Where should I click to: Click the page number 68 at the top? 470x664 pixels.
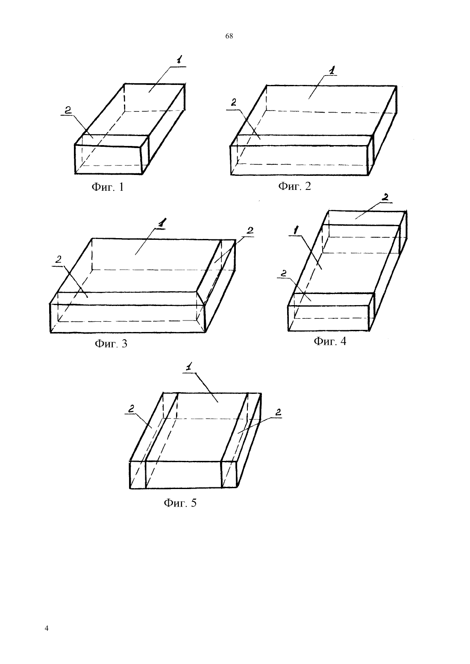(x=229, y=36)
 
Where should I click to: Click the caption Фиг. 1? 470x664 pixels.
(x=108, y=187)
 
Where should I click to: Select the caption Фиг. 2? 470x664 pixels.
(x=295, y=186)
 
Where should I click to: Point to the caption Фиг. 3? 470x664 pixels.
(x=111, y=343)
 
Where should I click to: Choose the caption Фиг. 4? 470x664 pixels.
(x=330, y=341)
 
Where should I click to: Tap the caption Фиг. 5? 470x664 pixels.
(x=180, y=503)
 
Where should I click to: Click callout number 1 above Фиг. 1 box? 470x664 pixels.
(x=179, y=60)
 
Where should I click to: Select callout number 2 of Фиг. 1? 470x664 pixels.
(x=68, y=110)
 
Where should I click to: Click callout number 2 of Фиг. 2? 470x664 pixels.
(x=234, y=102)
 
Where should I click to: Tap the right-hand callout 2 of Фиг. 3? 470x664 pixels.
(x=250, y=230)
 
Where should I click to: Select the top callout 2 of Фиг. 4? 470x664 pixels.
(x=385, y=197)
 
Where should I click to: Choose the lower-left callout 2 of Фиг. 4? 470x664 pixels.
(x=283, y=273)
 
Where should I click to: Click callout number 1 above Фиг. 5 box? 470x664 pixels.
(x=189, y=367)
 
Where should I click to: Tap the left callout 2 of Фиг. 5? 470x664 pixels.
(x=131, y=409)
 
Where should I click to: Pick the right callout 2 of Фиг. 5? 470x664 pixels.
(x=278, y=412)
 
